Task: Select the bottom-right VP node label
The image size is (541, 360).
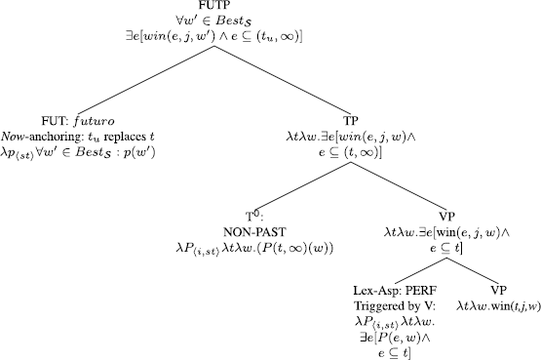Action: (x=497, y=289)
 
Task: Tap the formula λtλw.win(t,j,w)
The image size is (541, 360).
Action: (x=496, y=303)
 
